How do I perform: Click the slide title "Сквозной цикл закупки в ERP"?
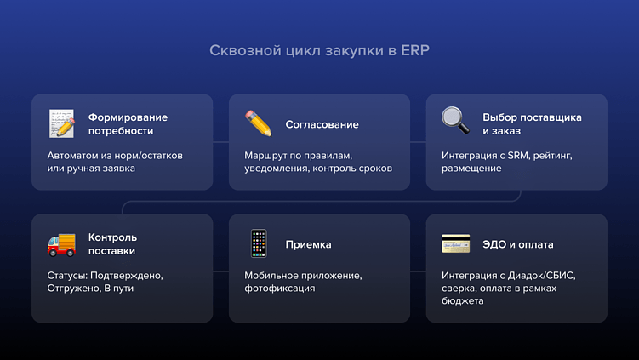[319, 50]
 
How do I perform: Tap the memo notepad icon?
[61, 123]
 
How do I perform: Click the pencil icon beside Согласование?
[258, 123]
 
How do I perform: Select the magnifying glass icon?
[455, 121]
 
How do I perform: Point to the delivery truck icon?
[61, 244]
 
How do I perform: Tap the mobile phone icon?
[258, 244]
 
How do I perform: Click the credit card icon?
[455, 244]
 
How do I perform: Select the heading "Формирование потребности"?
[128, 124]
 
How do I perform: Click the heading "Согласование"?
[322, 124]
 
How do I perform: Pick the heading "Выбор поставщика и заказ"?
[532, 124]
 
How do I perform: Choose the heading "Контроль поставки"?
[112, 244]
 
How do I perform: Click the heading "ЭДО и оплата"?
[517, 244]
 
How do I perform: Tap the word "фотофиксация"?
[279, 289]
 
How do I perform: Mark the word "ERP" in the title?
[415, 50]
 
